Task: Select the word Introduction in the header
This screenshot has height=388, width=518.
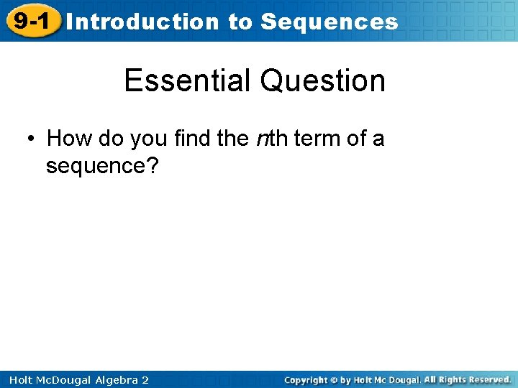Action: [x=142, y=22]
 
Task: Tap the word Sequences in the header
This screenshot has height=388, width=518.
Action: [x=330, y=22]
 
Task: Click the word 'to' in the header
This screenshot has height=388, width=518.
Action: [x=240, y=22]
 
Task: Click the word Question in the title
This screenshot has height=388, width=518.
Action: [x=322, y=80]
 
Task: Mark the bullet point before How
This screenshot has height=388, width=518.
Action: [x=32, y=138]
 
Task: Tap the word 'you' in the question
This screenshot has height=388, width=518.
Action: [x=147, y=138]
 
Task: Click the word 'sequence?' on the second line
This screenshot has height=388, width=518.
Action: [x=102, y=166]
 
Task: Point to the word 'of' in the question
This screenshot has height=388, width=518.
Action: [x=357, y=138]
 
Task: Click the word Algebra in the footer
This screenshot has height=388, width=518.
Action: [x=112, y=379]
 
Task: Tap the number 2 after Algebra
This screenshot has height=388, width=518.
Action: [x=145, y=379]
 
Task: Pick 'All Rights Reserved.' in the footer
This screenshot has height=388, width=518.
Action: [x=467, y=379]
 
